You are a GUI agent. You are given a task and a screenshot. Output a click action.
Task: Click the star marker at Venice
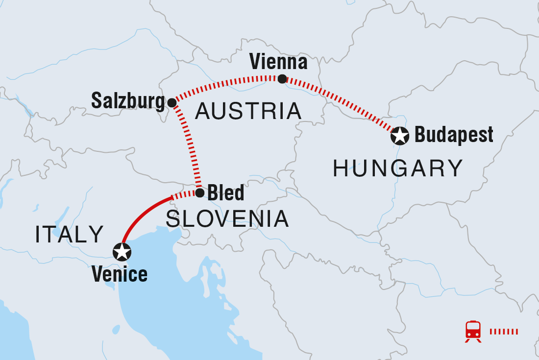[x=122, y=251]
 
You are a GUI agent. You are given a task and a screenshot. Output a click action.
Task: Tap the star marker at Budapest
[x=399, y=136]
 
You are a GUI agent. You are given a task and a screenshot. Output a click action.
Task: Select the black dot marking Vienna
[x=282, y=79]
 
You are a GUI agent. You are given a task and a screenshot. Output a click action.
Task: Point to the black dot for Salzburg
[x=172, y=102]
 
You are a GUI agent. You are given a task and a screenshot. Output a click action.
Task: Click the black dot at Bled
[x=200, y=193]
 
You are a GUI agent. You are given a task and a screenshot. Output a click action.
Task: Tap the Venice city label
[x=120, y=274]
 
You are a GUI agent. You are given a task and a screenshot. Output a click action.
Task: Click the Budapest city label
[x=454, y=135]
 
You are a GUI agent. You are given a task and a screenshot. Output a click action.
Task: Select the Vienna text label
[x=278, y=62]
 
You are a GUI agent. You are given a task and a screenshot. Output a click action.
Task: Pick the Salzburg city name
[x=128, y=101]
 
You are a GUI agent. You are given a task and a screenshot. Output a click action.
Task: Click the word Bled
[x=226, y=193]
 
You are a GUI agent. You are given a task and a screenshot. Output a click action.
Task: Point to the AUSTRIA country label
[x=248, y=112]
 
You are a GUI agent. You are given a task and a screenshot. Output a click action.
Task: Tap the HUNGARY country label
[x=398, y=169]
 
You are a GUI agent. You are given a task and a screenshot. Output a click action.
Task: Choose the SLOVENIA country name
[x=227, y=219]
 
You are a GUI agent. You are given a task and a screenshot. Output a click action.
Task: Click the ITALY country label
[x=69, y=235]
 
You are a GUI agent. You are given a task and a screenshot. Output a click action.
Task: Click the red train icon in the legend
[x=473, y=331]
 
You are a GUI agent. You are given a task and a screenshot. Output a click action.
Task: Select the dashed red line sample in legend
[x=503, y=332]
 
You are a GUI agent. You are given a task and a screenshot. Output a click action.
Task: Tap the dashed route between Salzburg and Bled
[x=191, y=147]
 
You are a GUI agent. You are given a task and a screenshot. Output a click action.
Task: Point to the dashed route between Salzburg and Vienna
[x=225, y=83]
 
